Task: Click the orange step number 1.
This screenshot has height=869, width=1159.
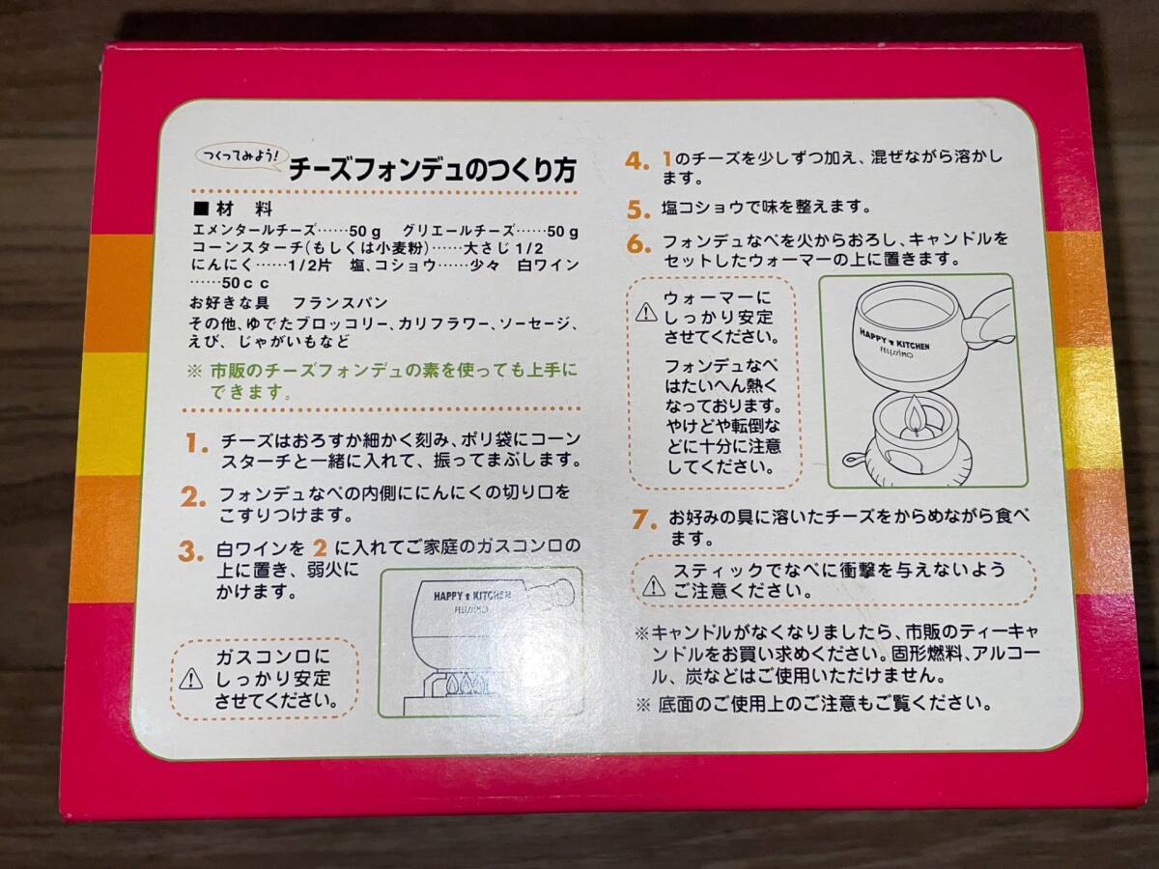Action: coord(197,445)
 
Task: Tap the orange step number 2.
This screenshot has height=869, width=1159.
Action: coord(194,498)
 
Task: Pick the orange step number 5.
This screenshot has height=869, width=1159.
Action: coord(636,210)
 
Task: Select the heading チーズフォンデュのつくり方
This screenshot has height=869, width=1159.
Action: coord(432,171)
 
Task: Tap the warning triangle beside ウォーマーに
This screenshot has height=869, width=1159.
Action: coord(644,312)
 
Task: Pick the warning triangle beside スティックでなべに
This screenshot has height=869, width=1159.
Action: coord(654,582)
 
